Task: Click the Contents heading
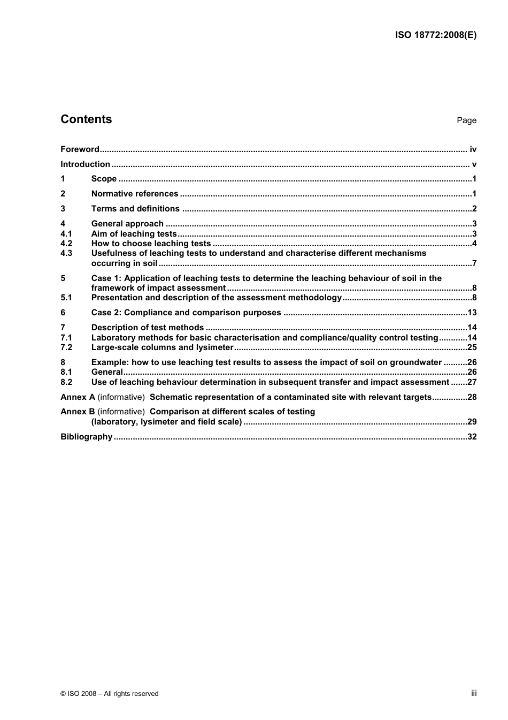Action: point(86,119)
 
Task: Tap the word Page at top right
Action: point(466,120)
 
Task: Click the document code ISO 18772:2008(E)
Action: point(436,35)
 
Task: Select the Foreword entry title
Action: point(80,149)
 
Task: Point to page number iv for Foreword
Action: point(473,149)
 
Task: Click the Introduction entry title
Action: point(85,164)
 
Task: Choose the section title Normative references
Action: point(135,194)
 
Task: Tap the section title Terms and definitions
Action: point(135,209)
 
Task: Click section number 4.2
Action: point(66,244)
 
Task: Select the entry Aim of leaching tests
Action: point(134,234)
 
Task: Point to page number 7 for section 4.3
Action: point(474,263)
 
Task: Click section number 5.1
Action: point(66,298)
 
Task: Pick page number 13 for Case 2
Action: point(472,313)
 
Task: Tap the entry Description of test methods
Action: point(148,328)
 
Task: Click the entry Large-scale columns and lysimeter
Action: point(162,347)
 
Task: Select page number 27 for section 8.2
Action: point(472,382)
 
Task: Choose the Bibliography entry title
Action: point(86,437)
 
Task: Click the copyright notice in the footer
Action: point(110,694)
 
